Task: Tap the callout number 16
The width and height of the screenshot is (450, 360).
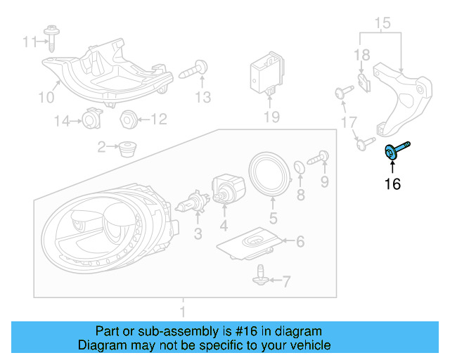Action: tap(392, 185)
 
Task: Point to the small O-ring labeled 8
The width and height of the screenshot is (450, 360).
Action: tap(299, 167)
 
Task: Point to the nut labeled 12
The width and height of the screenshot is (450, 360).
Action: tap(128, 119)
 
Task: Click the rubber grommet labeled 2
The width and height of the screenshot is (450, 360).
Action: tap(127, 149)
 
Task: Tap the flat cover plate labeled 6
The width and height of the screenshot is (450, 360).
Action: tap(251, 243)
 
